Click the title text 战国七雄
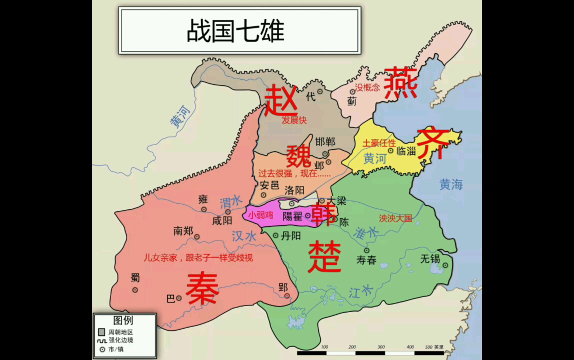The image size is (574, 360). pyautogui.click(x=235, y=31)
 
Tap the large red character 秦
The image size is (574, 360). pyautogui.click(x=202, y=289)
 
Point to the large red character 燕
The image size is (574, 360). pyautogui.click(x=400, y=83)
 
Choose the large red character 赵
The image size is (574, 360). pyautogui.click(x=280, y=100)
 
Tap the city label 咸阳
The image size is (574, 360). pyautogui.click(x=222, y=220)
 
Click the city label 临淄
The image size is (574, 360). pyautogui.click(x=405, y=150)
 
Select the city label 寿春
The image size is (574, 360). pyautogui.click(x=366, y=260)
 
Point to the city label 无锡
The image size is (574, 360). pyautogui.click(x=430, y=258)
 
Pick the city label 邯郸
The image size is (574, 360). pyautogui.click(x=325, y=141)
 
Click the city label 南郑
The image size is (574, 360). pyautogui.click(x=183, y=231)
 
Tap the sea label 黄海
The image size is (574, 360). pyautogui.click(x=451, y=184)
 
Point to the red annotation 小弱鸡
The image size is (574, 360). pyautogui.click(x=261, y=215)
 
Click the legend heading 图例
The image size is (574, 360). pyautogui.click(x=123, y=320)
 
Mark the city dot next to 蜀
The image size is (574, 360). pyautogui.click(x=134, y=290)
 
